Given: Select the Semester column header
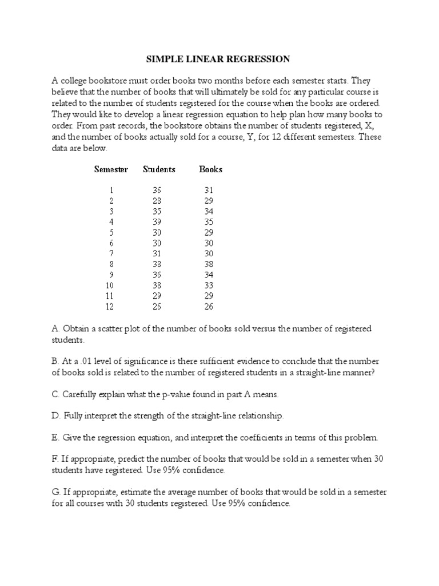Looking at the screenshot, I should pyautogui.click(x=111, y=169).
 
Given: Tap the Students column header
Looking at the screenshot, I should pyautogui.click(x=159, y=169).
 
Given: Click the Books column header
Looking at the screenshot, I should pyautogui.click(x=210, y=169).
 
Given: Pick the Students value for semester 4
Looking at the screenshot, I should pyautogui.click(x=157, y=221).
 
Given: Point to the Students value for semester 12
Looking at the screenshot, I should pyautogui.click(x=157, y=307).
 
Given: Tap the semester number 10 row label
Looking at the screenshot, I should pyautogui.click(x=109, y=285).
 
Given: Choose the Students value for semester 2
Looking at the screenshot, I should pyautogui.click(x=157, y=200).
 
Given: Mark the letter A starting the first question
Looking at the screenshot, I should pyautogui.click(x=55, y=329).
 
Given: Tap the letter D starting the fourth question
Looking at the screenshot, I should pyautogui.click(x=55, y=416).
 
